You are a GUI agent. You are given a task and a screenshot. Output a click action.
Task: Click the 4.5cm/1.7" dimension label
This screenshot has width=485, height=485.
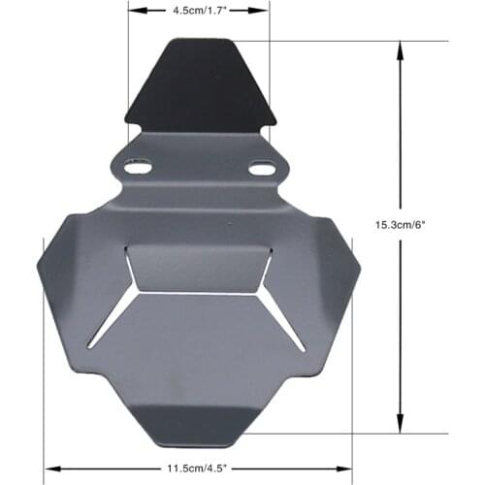199,13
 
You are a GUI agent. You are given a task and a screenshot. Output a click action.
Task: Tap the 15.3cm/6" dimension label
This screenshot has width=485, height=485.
401,224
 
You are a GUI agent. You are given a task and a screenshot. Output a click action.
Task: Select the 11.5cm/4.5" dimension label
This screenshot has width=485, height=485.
198,466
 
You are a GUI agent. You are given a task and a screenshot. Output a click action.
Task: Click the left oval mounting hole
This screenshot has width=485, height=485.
138,168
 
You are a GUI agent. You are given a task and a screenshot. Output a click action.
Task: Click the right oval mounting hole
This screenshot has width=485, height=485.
261,169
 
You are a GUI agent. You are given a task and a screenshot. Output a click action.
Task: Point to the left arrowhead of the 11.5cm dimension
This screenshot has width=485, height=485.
50,466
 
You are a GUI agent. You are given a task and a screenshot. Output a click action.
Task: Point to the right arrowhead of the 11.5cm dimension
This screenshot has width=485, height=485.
346,466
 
